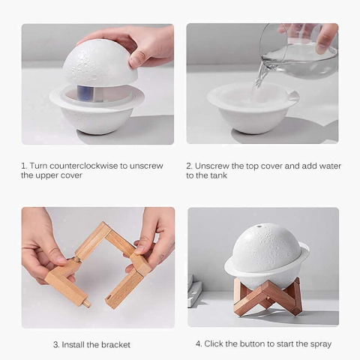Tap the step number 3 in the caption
(x=55, y=345)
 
